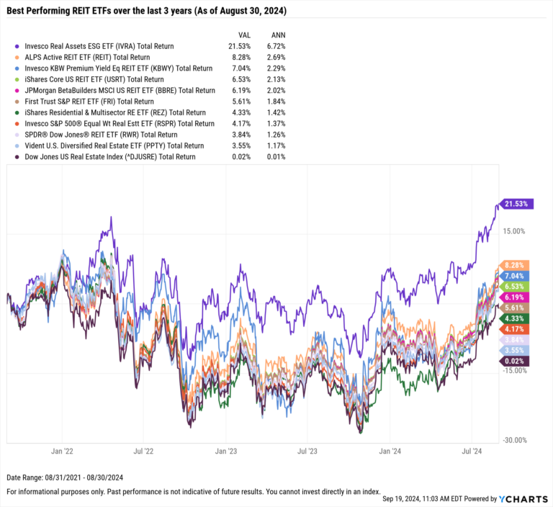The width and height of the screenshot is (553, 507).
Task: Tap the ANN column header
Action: pyautogui.click(x=277, y=34)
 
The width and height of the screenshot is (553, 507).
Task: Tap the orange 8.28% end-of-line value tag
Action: pyautogui.click(x=516, y=265)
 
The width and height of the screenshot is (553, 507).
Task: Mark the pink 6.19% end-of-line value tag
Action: pyautogui.click(x=516, y=297)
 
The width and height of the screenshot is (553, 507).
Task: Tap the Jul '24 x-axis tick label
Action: pyautogui.click(x=472, y=452)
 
